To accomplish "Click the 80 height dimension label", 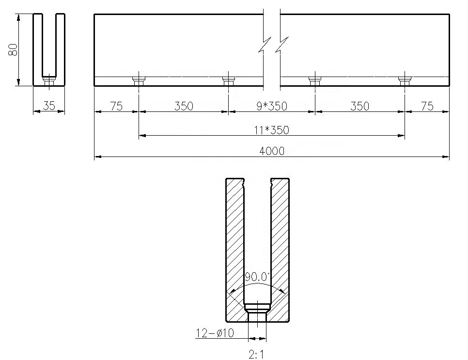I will [x=13, y=50].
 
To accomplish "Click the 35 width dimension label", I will [x=49, y=106].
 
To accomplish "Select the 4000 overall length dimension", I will [x=272, y=151].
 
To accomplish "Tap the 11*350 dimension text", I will [x=272, y=130].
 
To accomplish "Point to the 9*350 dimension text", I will [x=272, y=106].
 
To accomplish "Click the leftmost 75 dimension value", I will [x=116, y=106].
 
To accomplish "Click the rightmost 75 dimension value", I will [x=427, y=106].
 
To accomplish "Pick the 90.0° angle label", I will [x=256, y=277].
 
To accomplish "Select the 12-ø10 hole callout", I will [x=215, y=333].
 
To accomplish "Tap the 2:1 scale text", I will [x=256, y=355].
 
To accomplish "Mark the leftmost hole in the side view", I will [x=139, y=80].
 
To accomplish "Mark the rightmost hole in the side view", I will [x=405, y=80].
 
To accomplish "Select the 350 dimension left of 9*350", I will [x=183, y=106].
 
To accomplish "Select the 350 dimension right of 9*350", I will [x=359, y=106].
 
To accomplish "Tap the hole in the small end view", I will [x=48, y=80].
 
